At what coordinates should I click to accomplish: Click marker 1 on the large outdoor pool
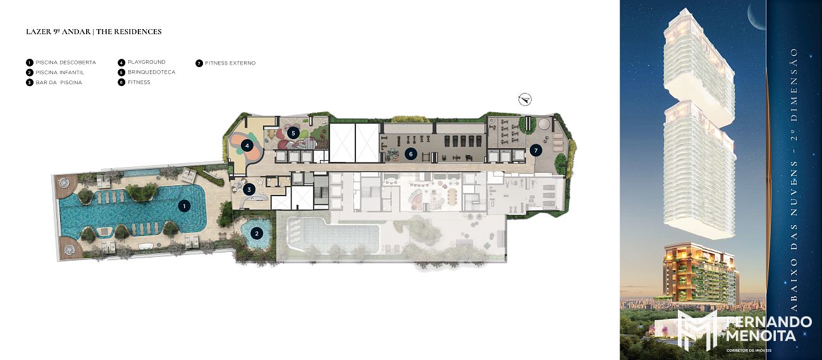pyautogui.click(x=184, y=206)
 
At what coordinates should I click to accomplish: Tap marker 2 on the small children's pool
pyautogui.click(x=257, y=233)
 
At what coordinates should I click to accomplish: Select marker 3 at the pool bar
pyautogui.click(x=249, y=190)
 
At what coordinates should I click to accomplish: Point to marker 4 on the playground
pyautogui.click(x=247, y=146)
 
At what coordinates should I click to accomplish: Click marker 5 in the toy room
pyautogui.click(x=293, y=133)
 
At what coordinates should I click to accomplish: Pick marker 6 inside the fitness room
pyautogui.click(x=410, y=154)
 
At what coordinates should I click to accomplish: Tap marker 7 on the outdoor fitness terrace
pyautogui.click(x=536, y=150)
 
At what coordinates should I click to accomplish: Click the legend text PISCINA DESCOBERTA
pyautogui.click(x=66, y=63)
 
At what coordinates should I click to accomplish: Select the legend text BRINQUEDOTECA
pyautogui.click(x=152, y=72)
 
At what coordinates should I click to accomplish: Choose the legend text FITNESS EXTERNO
pyautogui.click(x=230, y=63)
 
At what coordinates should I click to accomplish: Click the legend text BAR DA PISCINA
pyautogui.click(x=59, y=83)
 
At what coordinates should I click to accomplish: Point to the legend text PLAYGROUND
pyautogui.click(x=147, y=62)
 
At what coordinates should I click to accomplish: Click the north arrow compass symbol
pyautogui.click(x=525, y=99)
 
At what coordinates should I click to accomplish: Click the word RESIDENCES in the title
pyautogui.click(x=138, y=32)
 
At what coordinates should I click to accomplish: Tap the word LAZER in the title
pyautogui.click(x=36, y=32)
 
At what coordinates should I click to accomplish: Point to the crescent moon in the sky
pyautogui.click(x=758, y=19)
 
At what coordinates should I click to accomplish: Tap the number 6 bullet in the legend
pyautogui.click(x=121, y=82)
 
